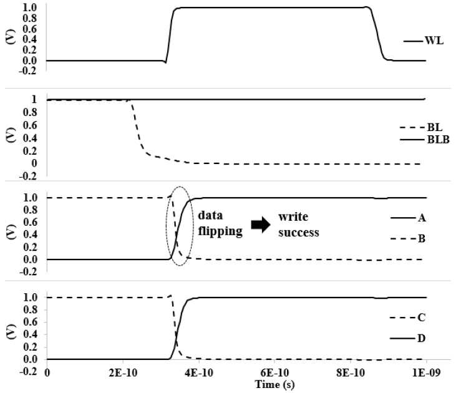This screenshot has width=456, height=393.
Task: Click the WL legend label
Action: point(434,41)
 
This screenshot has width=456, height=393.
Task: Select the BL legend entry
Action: point(435,127)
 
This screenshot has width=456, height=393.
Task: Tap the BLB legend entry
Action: point(439,140)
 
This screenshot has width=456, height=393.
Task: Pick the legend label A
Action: point(422,218)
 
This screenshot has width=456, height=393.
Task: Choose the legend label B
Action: point(422,238)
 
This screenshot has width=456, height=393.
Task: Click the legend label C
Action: point(422,318)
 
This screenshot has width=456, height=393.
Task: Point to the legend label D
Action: point(422,338)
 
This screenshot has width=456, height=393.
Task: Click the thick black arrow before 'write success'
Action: point(261,225)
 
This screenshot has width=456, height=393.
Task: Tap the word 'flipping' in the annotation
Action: point(220,231)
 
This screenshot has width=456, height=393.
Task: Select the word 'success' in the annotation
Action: point(299,233)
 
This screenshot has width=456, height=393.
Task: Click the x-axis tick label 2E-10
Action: point(123,372)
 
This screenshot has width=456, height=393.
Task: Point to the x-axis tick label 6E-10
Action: point(275,372)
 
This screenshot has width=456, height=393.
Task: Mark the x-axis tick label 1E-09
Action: point(426,372)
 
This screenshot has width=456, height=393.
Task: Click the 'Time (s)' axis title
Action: point(275,384)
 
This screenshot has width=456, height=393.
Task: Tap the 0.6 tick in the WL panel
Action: point(31,29)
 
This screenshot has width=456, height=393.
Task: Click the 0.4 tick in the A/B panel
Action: point(31,235)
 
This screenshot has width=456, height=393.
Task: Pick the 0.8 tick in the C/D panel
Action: point(31,309)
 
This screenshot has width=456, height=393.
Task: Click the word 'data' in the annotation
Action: point(210,216)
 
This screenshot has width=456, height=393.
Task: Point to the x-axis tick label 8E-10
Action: point(351,372)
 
